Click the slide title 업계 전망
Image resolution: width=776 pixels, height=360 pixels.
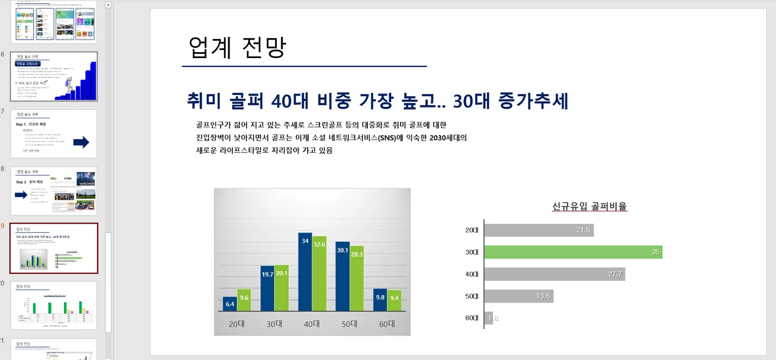coord(237,48)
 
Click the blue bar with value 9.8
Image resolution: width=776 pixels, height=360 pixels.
coord(380,300)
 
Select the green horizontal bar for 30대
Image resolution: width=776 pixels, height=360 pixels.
coord(573,252)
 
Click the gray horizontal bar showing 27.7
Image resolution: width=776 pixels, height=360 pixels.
coord(554,274)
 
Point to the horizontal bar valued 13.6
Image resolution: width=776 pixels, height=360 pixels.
coord(518,296)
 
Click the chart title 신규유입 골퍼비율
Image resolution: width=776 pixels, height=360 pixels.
coord(589,206)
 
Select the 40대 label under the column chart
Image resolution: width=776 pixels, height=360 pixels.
coord(311,324)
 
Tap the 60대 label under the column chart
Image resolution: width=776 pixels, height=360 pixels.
coord(387,324)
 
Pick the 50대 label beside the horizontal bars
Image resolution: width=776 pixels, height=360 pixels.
coord(472,296)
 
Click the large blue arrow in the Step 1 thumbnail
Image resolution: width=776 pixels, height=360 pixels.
coord(81,142)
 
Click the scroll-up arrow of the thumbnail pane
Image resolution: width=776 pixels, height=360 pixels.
coord(108,5)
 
